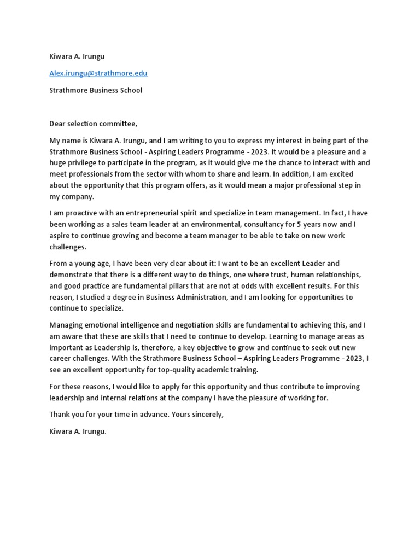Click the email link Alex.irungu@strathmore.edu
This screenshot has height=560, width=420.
[98, 73]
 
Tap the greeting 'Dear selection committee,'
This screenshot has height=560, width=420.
[93, 124]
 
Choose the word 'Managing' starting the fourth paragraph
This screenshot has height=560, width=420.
[66, 325]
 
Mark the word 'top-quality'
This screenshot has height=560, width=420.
[178, 370]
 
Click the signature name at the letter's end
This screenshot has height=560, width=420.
[78, 431]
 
